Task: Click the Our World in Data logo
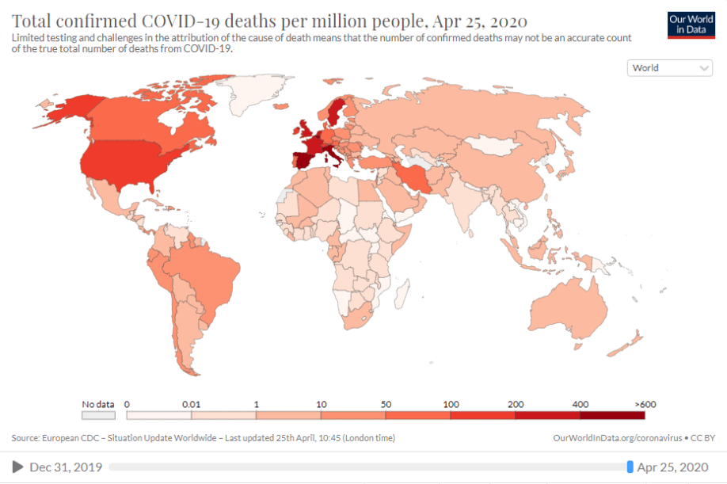[684, 25]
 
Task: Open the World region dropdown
[670, 68]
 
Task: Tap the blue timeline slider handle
[630, 467]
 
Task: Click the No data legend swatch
[99, 414]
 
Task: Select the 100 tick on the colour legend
[451, 404]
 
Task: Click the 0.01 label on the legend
[191, 404]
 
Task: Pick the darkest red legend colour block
[612, 414]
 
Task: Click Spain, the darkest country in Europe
[306, 161]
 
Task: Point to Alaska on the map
[67, 107]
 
